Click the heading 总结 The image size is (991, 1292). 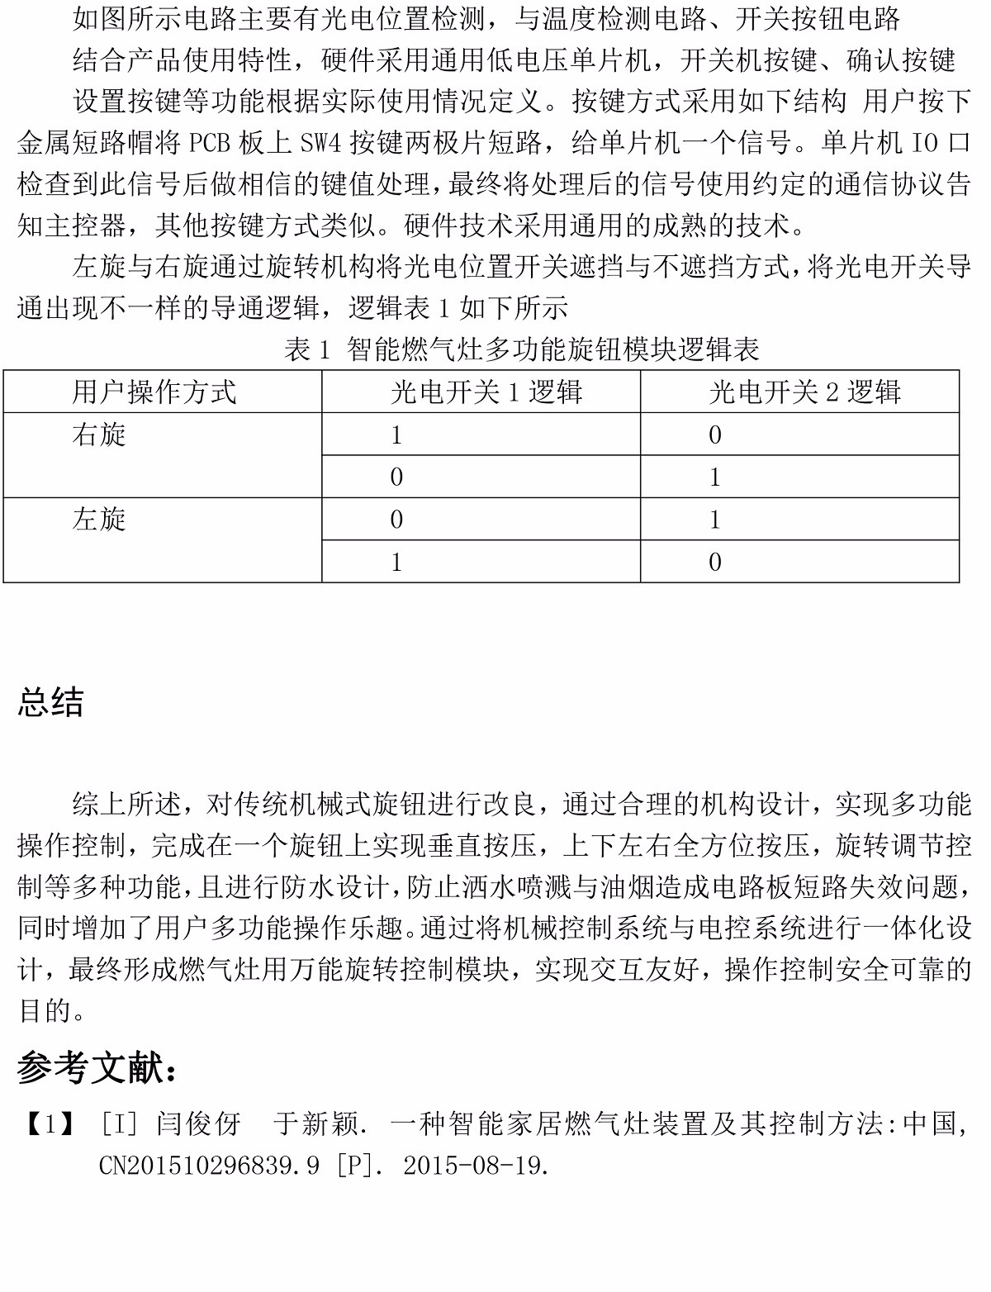tap(50, 702)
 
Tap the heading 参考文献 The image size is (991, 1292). tap(97, 1068)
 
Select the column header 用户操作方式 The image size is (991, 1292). tap(154, 392)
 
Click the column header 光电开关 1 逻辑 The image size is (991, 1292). tap(486, 392)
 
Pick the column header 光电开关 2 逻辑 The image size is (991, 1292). tap(805, 392)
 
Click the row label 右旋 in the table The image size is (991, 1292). tap(99, 435)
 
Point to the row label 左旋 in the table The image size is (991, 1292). tap(99, 520)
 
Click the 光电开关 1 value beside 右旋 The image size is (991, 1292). tap(396, 435)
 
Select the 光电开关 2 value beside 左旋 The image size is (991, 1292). tap(715, 520)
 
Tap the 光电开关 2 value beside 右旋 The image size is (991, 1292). tap(715, 435)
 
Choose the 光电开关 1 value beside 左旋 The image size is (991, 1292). tap(396, 520)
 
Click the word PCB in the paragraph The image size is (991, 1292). tap(210, 143)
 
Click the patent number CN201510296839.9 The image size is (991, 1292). tap(209, 1166)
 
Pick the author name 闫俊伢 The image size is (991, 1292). tap(198, 1123)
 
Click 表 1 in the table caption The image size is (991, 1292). tap(307, 349)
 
